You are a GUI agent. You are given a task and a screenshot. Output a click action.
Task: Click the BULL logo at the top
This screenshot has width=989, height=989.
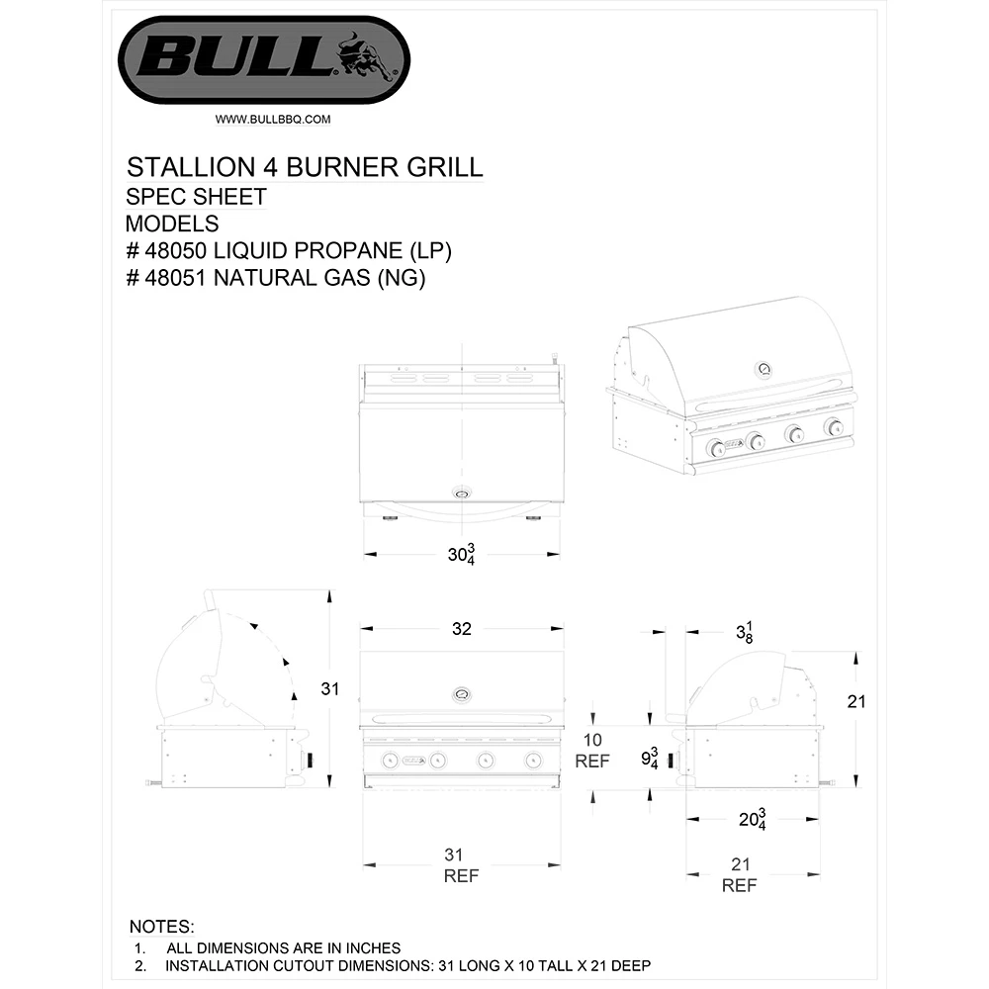click(x=263, y=60)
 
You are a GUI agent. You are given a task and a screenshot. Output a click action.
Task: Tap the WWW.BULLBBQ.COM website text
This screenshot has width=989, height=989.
click(x=272, y=119)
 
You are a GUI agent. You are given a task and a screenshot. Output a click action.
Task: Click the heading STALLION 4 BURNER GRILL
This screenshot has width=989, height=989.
click(x=305, y=165)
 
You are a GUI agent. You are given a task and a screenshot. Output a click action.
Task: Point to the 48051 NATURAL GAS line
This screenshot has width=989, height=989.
click(x=276, y=279)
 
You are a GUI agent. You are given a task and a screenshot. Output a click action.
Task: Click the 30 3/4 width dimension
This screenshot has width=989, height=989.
click(x=462, y=555)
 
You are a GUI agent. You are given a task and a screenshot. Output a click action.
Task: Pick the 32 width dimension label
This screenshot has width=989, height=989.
click(x=461, y=628)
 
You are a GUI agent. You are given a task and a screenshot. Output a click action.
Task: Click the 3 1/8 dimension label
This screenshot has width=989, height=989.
click(x=745, y=633)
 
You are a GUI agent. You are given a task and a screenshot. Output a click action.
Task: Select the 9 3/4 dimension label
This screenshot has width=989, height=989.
click(x=651, y=760)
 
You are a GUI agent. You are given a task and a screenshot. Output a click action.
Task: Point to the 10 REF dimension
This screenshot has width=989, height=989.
click(x=592, y=751)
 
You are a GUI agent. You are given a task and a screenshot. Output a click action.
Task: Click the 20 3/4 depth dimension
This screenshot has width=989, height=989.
click(x=755, y=820)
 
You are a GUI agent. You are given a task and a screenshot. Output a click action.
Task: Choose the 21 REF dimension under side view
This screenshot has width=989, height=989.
click(x=739, y=874)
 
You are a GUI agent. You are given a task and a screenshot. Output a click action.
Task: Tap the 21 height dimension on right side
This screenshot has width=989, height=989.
click(x=856, y=702)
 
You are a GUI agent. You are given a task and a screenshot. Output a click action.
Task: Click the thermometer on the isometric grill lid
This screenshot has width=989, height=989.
click(x=764, y=369)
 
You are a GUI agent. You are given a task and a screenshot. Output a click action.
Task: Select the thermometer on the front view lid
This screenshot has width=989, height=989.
click(x=462, y=693)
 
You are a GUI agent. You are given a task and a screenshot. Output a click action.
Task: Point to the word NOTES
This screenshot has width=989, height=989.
click(x=162, y=928)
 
